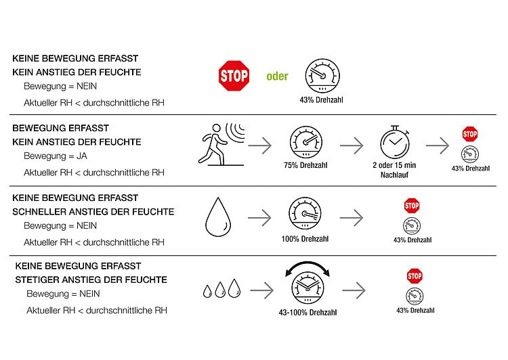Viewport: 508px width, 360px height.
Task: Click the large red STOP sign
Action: tap(234, 76)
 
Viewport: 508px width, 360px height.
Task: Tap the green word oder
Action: tap(277, 76)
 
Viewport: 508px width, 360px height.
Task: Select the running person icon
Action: tap(221, 144)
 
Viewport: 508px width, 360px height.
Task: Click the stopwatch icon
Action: tap(395, 142)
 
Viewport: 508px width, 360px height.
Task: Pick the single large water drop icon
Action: tap(218, 217)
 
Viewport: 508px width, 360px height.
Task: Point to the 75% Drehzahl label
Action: tap(305, 165)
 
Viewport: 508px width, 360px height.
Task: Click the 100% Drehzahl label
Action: tap(305, 239)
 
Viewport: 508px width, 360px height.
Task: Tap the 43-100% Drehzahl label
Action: tap(308, 313)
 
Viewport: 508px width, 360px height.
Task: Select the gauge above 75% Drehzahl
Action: tap(306, 142)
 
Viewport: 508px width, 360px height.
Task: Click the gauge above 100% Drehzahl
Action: tap(305, 214)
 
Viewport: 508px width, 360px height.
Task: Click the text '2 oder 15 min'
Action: tap(394, 165)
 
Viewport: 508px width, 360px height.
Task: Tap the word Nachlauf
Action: tap(394, 175)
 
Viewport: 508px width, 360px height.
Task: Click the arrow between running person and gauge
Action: tap(260, 145)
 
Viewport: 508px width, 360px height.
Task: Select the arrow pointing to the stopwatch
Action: tap(352, 145)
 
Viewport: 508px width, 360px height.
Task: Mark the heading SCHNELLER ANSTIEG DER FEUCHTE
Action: tap(93, 212)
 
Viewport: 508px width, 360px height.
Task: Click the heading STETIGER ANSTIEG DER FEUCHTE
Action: tap(91, 279)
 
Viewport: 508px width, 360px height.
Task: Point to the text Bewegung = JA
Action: tap(56, 156)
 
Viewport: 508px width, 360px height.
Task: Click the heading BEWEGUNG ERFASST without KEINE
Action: tap(60, 128)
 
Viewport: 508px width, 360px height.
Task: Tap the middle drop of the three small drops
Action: tap(220, 290)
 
